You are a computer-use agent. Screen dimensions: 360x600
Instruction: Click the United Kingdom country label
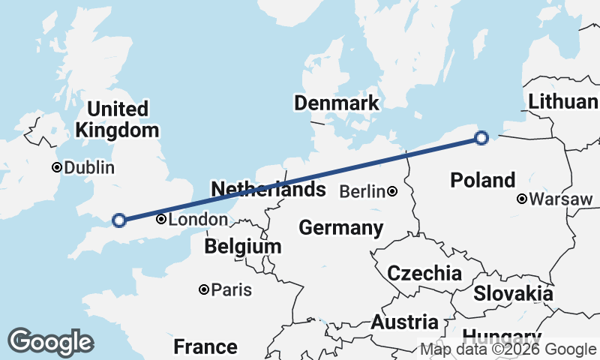[x=117, y=119]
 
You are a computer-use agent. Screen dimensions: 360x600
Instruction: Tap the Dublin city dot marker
[x=56, y=167]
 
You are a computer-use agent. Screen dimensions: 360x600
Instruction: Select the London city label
[x=198, y=220]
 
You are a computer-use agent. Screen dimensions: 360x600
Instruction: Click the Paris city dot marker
[x=203, y=289]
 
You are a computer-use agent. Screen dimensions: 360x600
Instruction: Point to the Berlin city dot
[x=392, y=192]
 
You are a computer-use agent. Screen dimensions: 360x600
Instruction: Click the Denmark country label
[x=337, y=103]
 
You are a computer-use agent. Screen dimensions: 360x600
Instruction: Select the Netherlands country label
[x=268, y=189]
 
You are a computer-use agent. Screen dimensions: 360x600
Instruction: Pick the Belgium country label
[x=243, y=246]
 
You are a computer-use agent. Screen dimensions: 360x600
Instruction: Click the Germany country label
[x=340, y=227]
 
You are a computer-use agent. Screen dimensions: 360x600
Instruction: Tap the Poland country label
[x=483, y=180]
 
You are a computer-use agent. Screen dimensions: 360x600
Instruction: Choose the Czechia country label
[x=424, y=273]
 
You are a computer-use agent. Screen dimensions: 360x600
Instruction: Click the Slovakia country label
[x=513, y=293]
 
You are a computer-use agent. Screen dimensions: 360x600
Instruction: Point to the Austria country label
[x=405, y=322]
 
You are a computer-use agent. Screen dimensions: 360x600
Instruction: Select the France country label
[x=205, y=346]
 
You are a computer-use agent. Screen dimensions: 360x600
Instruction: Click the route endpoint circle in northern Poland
[x=481, y=137]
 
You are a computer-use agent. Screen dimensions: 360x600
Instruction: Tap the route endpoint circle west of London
[x=118, y=220]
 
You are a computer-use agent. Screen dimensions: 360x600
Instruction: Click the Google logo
[x=50, y=342]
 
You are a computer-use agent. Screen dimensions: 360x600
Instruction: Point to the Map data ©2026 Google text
[x=508, y=349]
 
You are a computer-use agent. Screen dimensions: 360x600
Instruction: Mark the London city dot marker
[x=160, y=220]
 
